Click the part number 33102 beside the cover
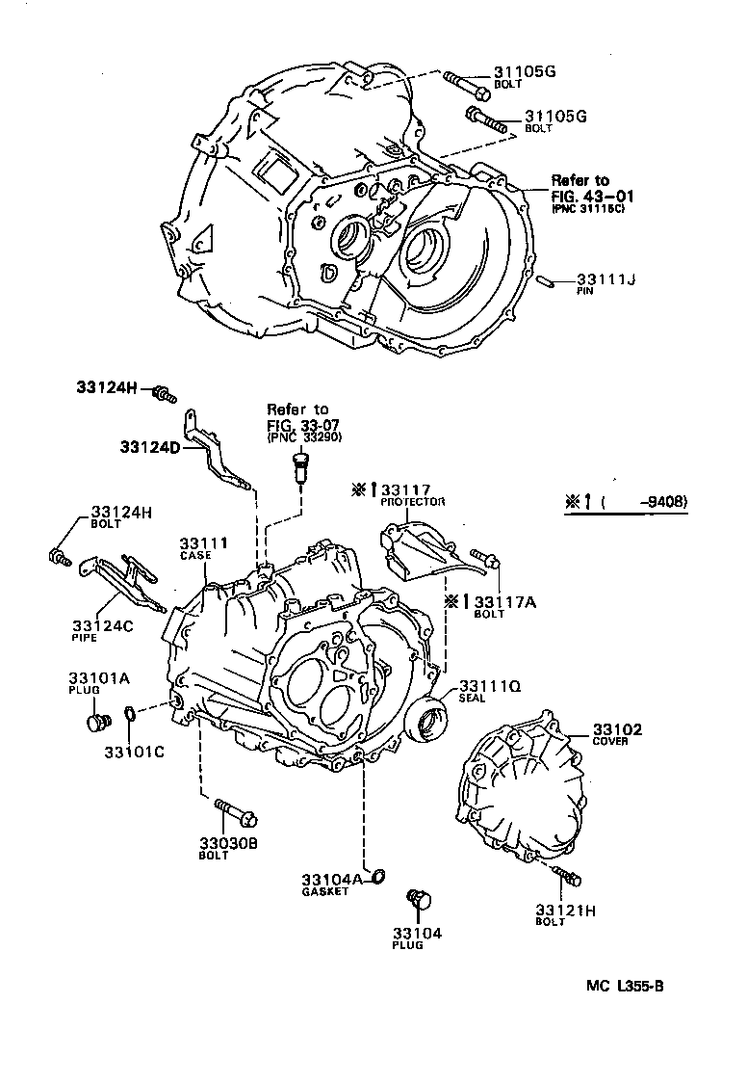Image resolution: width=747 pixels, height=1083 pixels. click(617, 729)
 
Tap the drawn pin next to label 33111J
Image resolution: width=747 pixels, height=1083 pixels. click(545, 281)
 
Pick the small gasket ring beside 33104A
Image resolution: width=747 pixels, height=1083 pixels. click(378, 876)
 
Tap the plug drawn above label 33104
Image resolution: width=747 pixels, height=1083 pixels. click(419, 901)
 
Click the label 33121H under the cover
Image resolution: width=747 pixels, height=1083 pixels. click(565, 909)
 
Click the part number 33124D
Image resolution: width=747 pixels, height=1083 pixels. click(150, 446)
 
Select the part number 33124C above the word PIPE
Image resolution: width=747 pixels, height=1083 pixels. click(101, 623)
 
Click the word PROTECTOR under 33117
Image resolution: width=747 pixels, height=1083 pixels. click(413, 503)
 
